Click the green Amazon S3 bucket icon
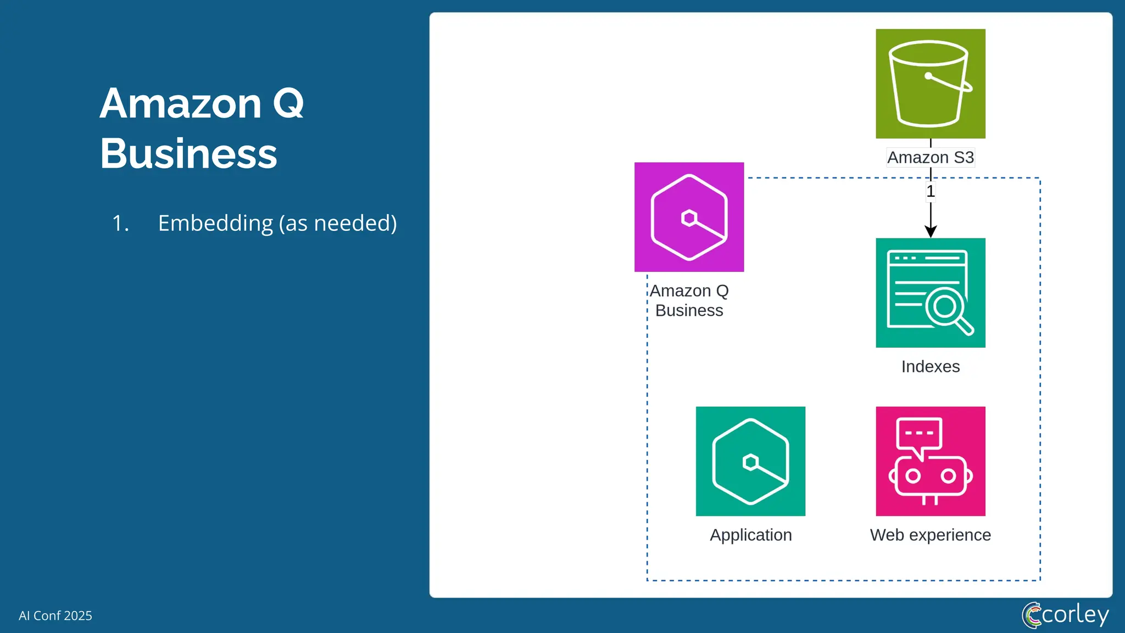[x=930, y=84]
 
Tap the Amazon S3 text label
[x=930, y=158]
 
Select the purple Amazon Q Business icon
[x=689, y=217]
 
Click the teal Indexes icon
[x=930, y=292]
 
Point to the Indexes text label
[x=930, y=367]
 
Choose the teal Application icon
[x=750, y=461]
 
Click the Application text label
[x=750, y=535]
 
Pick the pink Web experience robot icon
[x=930, y=461]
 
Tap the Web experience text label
[x=930, y=535]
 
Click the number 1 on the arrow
[x=931, y=192]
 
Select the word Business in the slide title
[x=188, y=154]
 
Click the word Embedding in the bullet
[x=215, y=223]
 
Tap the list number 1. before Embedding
[x=120, y=223]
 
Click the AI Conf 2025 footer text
[x=55, y=615]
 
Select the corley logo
[x=1065, y=614]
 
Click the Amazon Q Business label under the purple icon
[x=689, y=301]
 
